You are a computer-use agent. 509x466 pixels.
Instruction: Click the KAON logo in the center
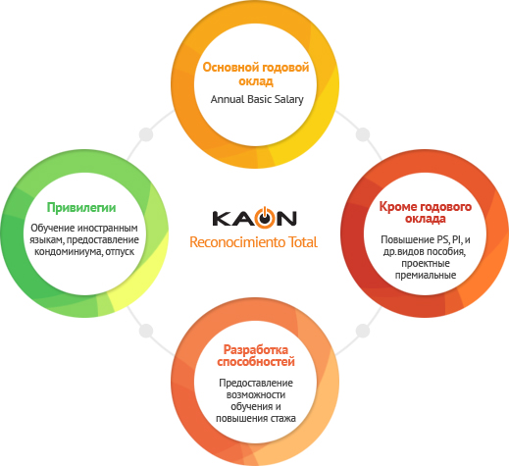[x=254, y=217]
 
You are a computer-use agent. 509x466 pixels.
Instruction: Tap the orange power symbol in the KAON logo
[x=266, y=217]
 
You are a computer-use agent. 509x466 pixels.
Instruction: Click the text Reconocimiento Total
[x=253, y=242]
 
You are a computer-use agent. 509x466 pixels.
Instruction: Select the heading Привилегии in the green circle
[x=81, y=208]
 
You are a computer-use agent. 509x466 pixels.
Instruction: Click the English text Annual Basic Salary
[x=257, y=99]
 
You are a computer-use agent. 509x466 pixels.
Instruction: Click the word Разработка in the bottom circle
[x=256, y=349]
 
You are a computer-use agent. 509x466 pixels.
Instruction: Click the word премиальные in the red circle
[x=426, y=276]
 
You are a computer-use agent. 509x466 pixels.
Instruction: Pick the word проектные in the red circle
[x=426, y=264]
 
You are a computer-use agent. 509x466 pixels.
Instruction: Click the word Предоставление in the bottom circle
[x=256, y=383]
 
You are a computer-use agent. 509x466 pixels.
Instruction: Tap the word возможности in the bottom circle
[x=256, y=395]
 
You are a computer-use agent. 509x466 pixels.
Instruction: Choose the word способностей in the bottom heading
[x=256, y=362]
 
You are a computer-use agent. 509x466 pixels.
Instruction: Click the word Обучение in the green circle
[x=52, y=228]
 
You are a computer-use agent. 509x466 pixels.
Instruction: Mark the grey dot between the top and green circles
[x=146, y=134]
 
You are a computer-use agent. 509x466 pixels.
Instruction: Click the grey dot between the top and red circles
[x=363, y=134]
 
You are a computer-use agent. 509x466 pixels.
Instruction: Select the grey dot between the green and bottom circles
[x=146, y=331]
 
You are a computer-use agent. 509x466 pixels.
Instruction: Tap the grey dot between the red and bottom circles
[x=363, y=331]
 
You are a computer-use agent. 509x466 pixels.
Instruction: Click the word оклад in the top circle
[x=256, y=81]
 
